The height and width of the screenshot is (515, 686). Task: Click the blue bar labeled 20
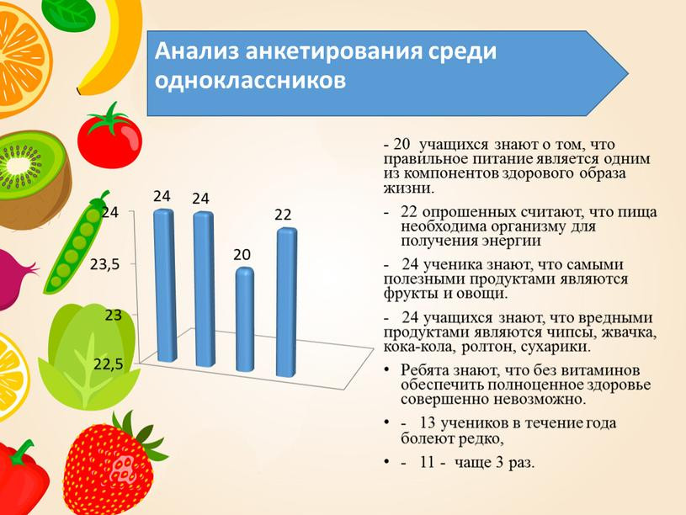tap(244, 320)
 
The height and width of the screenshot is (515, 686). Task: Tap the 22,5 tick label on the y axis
tap(109, 364)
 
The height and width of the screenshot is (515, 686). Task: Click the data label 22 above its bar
tap(282, 215)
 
